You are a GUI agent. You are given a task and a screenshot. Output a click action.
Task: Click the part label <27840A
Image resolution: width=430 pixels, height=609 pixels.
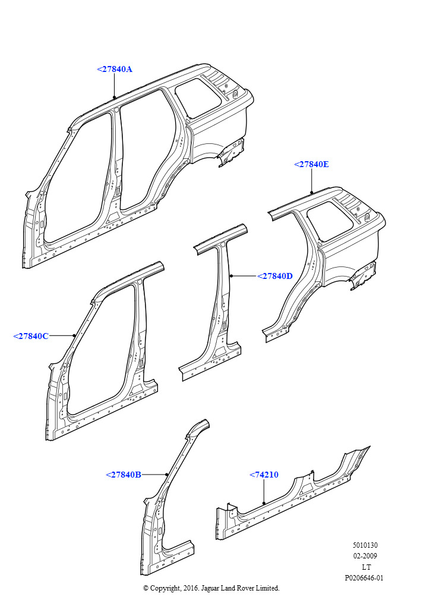[x=115, y=69]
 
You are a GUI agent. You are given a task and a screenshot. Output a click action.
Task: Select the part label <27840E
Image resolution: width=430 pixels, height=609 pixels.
[x=311, y=164]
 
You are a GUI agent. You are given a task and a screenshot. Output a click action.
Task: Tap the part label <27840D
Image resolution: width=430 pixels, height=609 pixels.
[x=275, y=276]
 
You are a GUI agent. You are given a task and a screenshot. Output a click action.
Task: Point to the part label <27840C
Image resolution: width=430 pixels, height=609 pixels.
[x=31, y=336]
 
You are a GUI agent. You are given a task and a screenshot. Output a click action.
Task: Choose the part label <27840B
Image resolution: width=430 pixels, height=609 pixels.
[x=124, y=475]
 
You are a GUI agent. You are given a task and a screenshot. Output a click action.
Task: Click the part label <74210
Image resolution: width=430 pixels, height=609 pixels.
[x=264, y=475]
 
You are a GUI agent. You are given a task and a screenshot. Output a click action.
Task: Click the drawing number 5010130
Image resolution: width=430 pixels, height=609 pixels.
[x=365, y=545]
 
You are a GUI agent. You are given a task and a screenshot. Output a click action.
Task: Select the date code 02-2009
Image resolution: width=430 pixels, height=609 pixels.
[x=365, y=556]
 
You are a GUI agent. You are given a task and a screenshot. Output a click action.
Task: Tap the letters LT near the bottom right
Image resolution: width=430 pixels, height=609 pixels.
[x=366, y=567]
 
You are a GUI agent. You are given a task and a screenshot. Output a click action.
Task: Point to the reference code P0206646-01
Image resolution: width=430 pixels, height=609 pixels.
[x=364, y=578]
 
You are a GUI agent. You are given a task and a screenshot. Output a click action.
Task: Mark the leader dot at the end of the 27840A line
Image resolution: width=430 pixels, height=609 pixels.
[x=114, y=97]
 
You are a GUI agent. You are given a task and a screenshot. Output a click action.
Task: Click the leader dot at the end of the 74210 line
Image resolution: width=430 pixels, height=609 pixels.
[x=264, y=503]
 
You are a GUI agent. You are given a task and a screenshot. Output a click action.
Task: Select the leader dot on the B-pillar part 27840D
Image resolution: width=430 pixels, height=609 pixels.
[x=230, y=276]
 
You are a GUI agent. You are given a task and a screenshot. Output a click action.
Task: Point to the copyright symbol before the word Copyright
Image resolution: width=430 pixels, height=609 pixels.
[x=146, y=588]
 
